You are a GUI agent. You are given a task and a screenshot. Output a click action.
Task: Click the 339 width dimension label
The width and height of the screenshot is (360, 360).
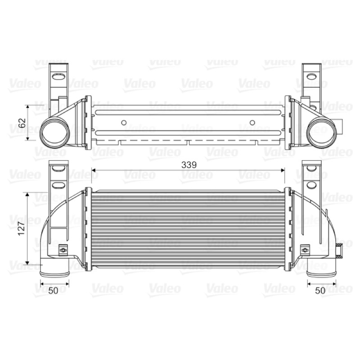(x=189, y=165)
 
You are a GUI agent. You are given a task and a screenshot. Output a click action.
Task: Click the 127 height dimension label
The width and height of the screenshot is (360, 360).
(x=21, y=229)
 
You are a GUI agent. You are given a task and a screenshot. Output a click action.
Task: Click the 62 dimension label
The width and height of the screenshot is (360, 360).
(x=22, y=123)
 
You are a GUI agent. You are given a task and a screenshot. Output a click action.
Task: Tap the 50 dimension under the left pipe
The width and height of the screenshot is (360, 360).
(x=53, y=290)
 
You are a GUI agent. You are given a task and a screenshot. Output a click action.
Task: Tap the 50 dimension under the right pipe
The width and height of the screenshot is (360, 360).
(x=320, y=290)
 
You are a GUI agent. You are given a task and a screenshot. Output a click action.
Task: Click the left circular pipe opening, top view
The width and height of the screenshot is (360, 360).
(x=54, y=133)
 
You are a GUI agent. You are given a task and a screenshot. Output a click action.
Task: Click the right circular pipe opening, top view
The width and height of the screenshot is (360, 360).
(x=322, y=133)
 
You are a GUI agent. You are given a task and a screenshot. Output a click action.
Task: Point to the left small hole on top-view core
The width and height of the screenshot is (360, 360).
(x=124, y=122)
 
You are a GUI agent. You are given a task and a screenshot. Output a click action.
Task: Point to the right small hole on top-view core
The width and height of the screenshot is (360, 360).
(x=252, y=122)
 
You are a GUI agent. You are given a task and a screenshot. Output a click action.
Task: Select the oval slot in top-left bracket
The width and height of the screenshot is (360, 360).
(x=58, y=76)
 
